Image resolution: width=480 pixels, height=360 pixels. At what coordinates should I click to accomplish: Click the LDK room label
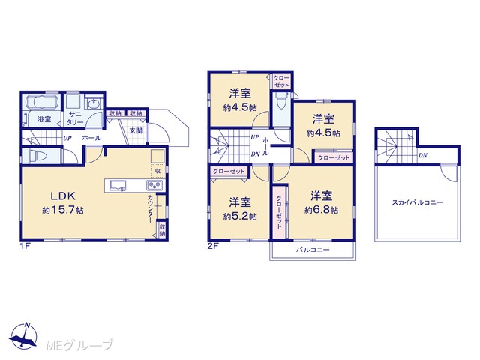point(63,196)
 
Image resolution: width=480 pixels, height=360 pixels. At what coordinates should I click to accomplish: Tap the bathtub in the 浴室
point(41,102)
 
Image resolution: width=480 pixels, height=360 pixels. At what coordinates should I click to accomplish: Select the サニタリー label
point(75,118)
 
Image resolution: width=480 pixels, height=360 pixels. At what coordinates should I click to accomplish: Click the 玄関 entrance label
point(136,131)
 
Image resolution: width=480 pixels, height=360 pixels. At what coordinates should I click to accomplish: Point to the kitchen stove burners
point(156,185)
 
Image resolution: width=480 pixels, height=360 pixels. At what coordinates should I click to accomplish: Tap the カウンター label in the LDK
point(151,208)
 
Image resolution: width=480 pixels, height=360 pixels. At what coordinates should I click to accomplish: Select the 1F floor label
point(25,245)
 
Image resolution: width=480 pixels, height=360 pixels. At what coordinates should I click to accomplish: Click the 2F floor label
point(213,245)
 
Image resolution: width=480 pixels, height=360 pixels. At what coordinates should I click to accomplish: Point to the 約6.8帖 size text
point(322,210)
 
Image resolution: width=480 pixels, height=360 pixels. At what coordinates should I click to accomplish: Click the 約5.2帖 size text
point(240,217)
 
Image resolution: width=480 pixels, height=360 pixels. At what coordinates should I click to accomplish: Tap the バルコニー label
point(313,250)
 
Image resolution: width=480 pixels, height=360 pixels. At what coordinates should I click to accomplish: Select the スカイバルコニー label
point(417,202)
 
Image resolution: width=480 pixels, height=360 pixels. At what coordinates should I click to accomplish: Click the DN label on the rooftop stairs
point(423,155)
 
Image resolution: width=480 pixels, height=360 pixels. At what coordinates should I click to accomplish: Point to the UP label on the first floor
point(67,138)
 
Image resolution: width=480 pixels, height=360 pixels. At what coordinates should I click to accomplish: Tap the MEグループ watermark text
point(80,345)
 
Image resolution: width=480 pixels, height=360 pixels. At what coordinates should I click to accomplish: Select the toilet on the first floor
point(35,157)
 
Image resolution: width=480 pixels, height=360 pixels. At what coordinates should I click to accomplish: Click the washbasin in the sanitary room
point(94,103)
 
